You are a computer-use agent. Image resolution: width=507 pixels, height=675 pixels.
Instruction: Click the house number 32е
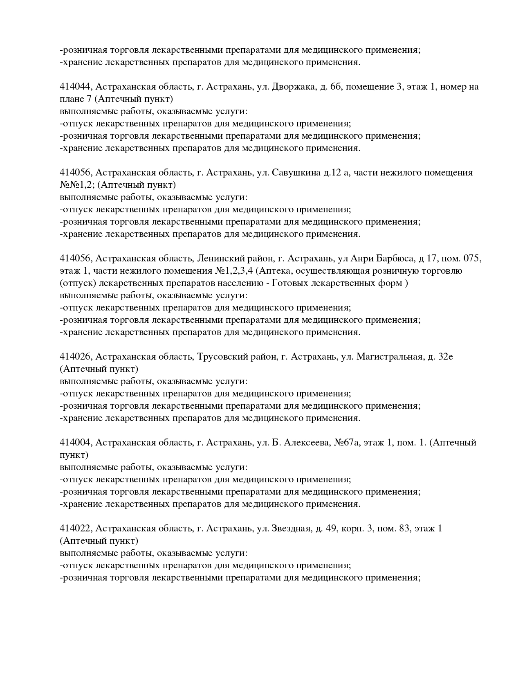point(445,357)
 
